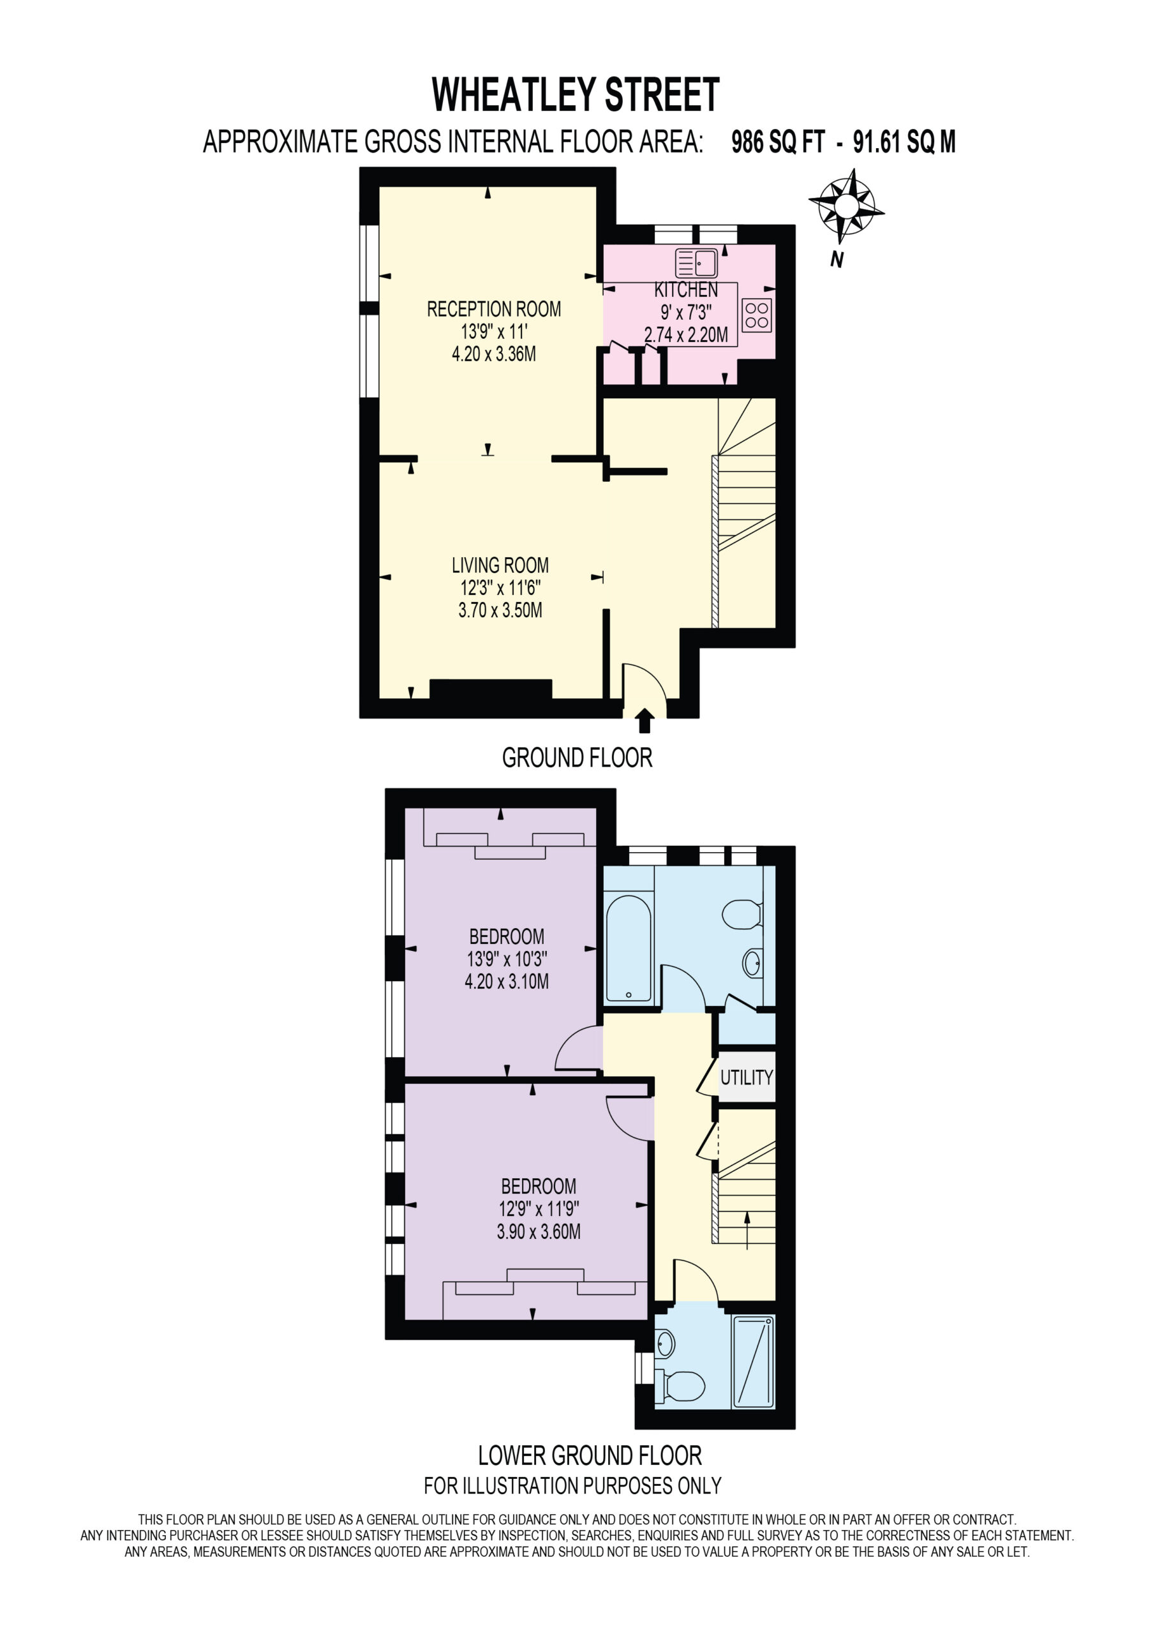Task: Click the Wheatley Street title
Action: pyautogui.click(x=576, y=94)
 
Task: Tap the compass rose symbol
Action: pyautogui.click(x=846, y=206)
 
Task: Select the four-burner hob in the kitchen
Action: pyautogui.click(x=756, y=315)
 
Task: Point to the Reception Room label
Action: pyautogui.click(x=494, y=309)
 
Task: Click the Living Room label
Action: pyautogui.click(x=500, y=565)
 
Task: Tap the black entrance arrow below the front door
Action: pyautogui.click(x=645, y=720)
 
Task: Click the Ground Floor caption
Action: pyautogui.click(x=577, y=758)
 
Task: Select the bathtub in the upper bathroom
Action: pyautogui.click(x=629, y=948)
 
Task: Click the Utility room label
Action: pyautogui.click(x=747, y=1077)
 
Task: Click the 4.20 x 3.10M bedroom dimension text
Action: pyautogui.click(x=507, y=982)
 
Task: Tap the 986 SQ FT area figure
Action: pyautogui.click(x=778, y=142)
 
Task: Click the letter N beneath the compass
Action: pyautogui.click(x=837, y=260)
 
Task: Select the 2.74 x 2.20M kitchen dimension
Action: pyautogui.click(x=686, y=335)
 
